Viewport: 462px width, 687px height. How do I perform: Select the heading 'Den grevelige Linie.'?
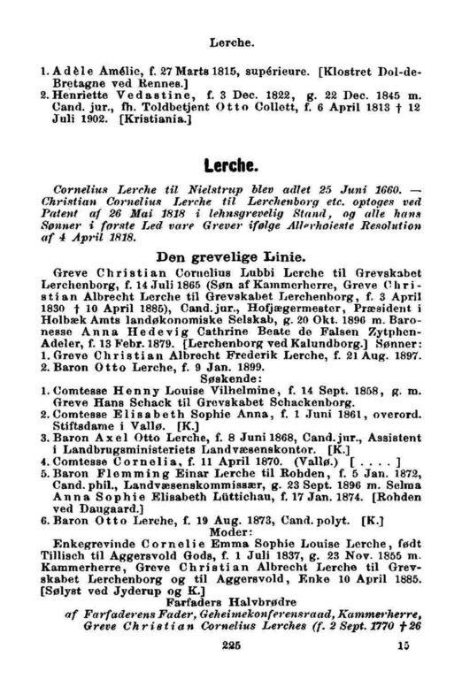coord(231,256)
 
